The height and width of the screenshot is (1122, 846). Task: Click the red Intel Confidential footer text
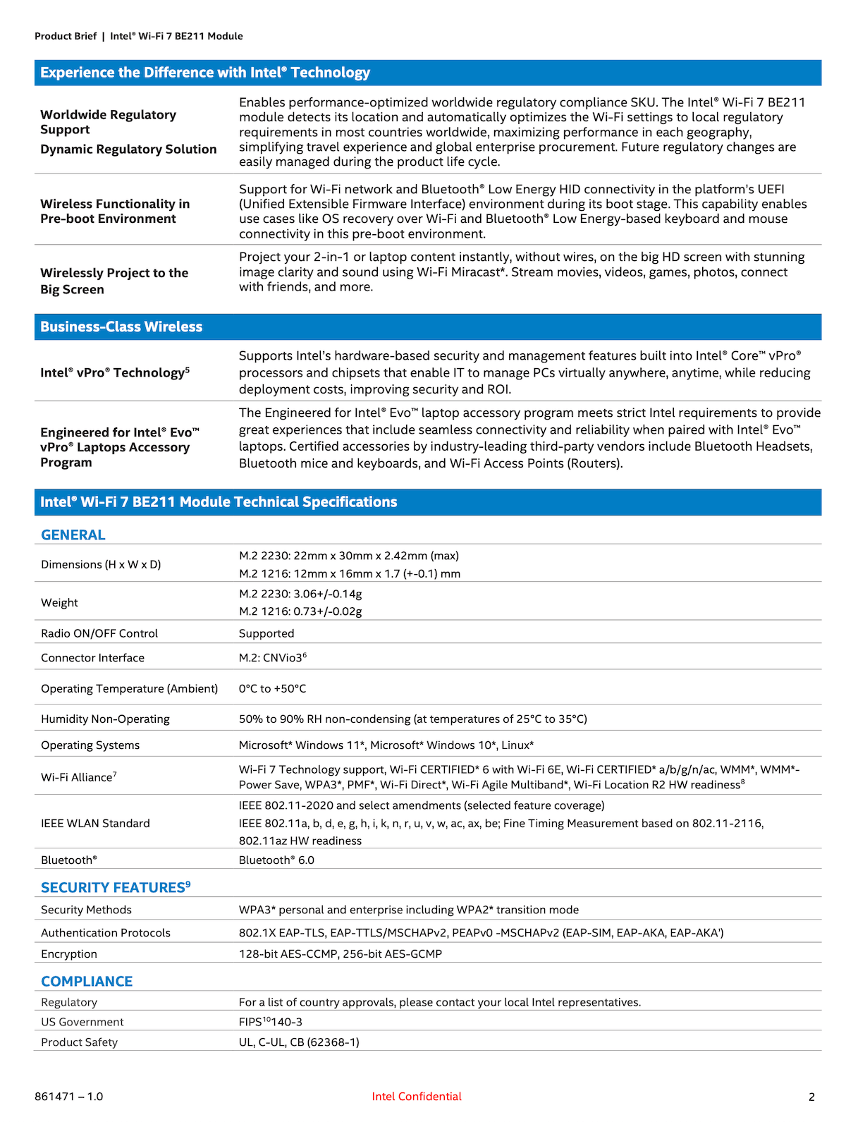pyautogui.click(x=417, y=1096)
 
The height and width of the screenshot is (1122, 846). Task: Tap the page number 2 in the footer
pyautogui.click(x=811, y=1097)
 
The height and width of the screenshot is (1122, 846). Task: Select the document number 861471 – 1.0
pyautogui.click(x=69, y=1096)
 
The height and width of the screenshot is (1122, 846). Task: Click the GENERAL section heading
pyautogui.click(x=73, y=535)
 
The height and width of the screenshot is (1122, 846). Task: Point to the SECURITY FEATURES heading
pyautogui.click(x=116, y=887)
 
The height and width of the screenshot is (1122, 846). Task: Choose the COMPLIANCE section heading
pyautogui.click(x=87, y=981)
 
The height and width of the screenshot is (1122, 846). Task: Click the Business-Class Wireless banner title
pyautogui.click(x=121, y=327)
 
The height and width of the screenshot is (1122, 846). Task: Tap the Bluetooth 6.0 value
pyautogui.click(x=276, y=860)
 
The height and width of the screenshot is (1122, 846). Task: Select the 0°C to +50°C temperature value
pyautogui.click(x=272, y=688)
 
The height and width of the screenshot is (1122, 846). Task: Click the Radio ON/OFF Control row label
pyautogui.click(x=99, y=633)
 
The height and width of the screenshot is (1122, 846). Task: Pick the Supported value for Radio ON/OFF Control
pyautogui.click(x=266, y=633)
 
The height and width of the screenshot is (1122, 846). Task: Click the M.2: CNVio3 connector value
pyautogui.click(x=272, y=657)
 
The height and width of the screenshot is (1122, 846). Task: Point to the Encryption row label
pyautogui.click(x=69, y=953)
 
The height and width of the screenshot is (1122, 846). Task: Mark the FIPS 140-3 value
pyautogui.click(x=271, y=1022)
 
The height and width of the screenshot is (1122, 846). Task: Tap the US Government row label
pyautogui.click(x=82, y=1022)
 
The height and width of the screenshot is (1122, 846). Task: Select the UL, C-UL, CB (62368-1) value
pyautogui.click(x=299, y=1042)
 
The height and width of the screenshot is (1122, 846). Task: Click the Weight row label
pyautogui.click(x=59, y=602)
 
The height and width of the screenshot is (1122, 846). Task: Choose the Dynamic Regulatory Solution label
pyautogui.click(x=128, y=149)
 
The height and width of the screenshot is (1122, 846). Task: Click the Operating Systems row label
pyautogui.click(x=90, y=745)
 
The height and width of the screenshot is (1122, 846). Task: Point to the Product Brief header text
pyautogui.click(x=66, y=36)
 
